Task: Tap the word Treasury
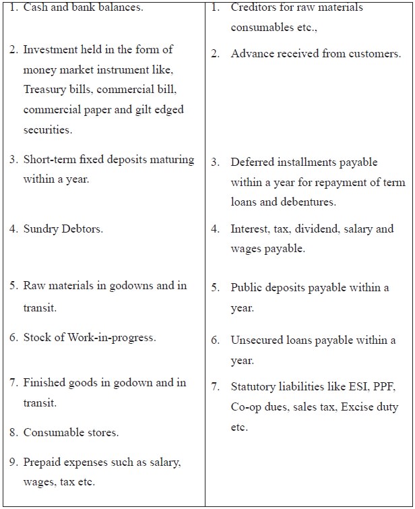44,89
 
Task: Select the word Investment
50,49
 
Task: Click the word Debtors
82,229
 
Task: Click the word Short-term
50,160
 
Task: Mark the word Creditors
253,7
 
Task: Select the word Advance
251,54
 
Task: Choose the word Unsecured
257,340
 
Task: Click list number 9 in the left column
13,462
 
